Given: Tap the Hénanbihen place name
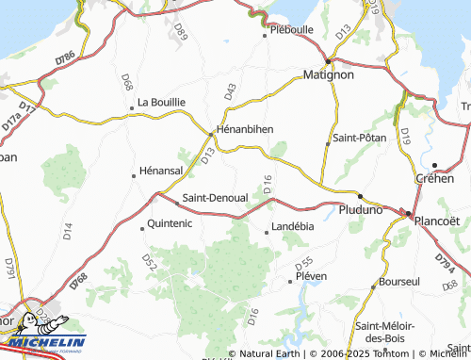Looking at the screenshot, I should pyautogui.click(x=244, y=128).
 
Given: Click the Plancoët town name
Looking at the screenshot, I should pyautogui.click(x=439, y=221).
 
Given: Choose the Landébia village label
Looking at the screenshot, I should pyautogui.click(x=292, y=226).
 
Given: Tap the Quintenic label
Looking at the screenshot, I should pyautogui.click(x=171, y=224).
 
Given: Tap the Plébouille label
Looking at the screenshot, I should pyautogui.click(x=291, y=29).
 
